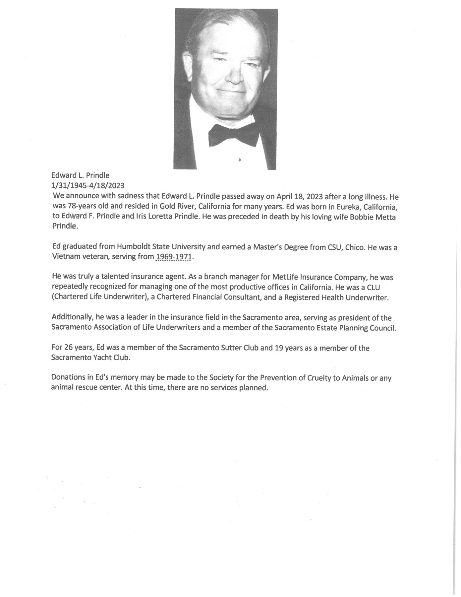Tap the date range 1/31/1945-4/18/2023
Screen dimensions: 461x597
[x=88, y=185]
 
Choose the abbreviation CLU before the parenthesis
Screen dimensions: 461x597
[x=373, y=287]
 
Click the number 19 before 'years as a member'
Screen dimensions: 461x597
[x=278, y=348]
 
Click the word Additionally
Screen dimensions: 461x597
[x=71, y=317]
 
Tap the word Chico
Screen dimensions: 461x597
[x=355, y=247]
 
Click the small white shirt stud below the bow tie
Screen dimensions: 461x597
[x=239, y=160]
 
